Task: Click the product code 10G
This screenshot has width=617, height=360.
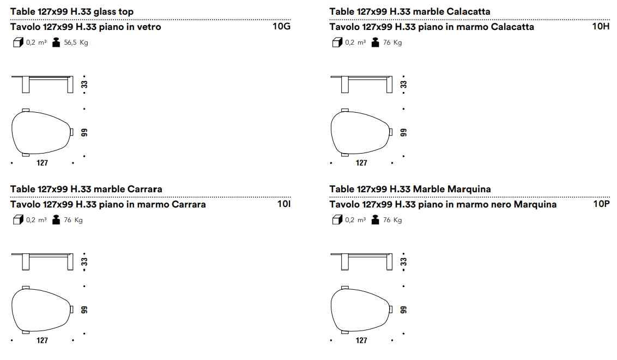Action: [x=281, y=26]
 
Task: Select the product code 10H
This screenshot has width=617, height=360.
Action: [x=601, y=26]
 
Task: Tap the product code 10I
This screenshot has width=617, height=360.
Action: [x=284, y=204]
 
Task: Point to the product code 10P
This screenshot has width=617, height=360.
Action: [x=601, y=204]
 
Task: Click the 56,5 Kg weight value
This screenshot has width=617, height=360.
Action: [x=76, y=42]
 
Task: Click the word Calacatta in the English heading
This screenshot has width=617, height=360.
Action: [x=469, y=12]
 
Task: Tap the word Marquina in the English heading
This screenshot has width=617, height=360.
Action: [x=469, y=189]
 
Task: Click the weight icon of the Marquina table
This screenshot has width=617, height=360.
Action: [x=375, y=219]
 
